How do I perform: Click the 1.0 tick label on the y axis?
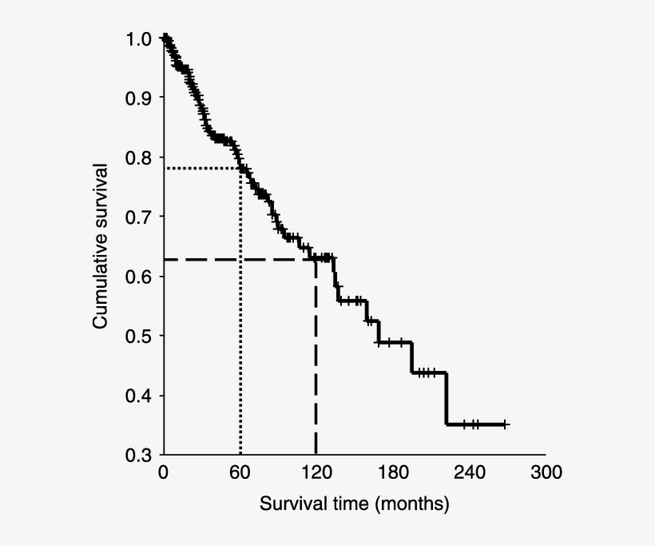[x=137, y=38]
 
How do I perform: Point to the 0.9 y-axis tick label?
[x=137, y=98]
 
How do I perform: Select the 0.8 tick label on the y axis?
[x=137, y=157]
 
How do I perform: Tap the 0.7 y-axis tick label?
[x=137, y=217]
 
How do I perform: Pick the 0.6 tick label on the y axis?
[x=137, y=277]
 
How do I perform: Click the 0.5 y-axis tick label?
[x=137, y=336]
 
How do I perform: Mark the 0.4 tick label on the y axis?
[x=137, y=396]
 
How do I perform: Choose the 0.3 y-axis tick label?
[x=137, y=455]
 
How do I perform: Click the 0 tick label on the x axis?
[x=163, y=472]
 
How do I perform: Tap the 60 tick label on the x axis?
[x=240, y=472]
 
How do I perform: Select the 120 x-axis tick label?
[x=316, y=472]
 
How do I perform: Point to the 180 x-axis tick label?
[x=392, y=472]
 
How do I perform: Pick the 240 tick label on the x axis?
[x=469, y=472]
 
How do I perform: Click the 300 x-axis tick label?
[x=545, y=472]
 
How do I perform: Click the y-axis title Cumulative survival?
[x=101, y=246]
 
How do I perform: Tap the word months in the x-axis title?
[x=411, y=504]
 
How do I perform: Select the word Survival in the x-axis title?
[x=288, y=504]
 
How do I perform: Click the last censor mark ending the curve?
[x=505, y=424]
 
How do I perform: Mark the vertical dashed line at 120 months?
[x=316, y=360]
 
